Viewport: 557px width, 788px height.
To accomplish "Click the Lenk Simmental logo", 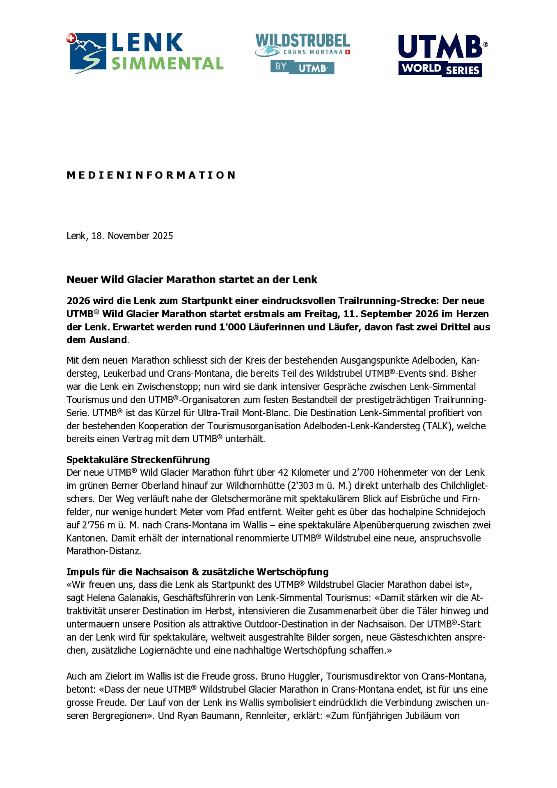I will (146, 53).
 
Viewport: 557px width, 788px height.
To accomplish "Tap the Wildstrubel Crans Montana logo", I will (303, 53).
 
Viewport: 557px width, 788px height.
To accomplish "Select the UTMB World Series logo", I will (442, 55).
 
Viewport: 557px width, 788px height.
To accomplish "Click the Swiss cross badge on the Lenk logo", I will (71, 39).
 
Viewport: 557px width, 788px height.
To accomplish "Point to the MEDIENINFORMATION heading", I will (151, 175).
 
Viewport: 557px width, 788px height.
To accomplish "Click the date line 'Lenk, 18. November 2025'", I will (119, 236).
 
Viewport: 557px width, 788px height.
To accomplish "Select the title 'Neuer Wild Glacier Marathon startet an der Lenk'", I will (192, 279).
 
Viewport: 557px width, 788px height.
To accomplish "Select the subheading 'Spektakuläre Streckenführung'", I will (138, 460).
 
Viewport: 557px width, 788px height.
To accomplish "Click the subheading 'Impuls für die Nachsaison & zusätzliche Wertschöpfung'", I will (197, 572).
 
